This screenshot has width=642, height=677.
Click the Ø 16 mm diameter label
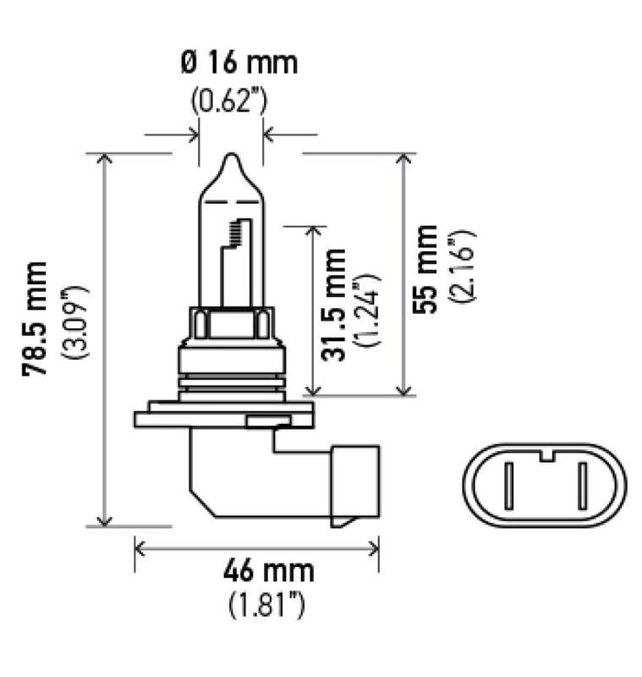[x=239, y=63]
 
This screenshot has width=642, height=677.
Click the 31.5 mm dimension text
[x=336, y=305]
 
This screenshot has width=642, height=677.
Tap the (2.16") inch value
[x=463, y=268]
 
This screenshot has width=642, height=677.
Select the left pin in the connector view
[x=508, y=489]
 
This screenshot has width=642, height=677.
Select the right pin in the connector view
[x=582, y=489]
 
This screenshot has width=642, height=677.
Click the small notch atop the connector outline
[x=546, y=458]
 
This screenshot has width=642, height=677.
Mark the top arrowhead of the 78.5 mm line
[x=106, y=160]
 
